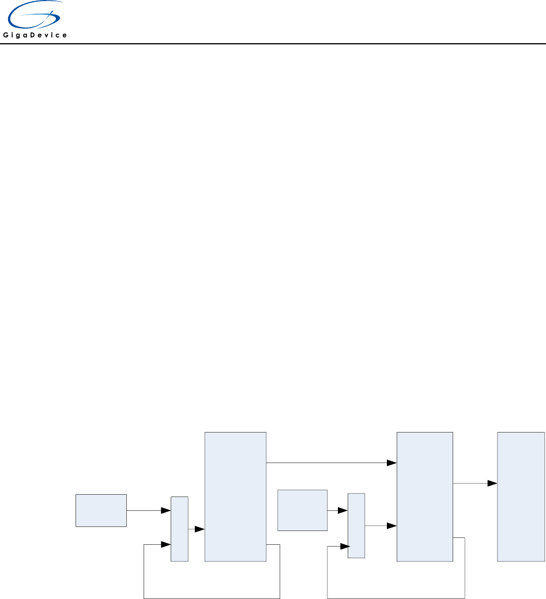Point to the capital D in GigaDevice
pyautogui.click(x=36, y=35)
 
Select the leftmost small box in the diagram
pyautogui.click(x=101, y=510)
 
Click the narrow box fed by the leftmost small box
pyautogui.click(x=179, y=529)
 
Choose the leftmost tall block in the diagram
pyautogui.click(x=235, y=496)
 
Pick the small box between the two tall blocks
pyautogui.click(x=302, y=510)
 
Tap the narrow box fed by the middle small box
pyautogui.click(x=356, y=525)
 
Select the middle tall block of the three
pyautogui.click(x=425, y=496)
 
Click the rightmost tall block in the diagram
pyautogui.click(x=521, y=496)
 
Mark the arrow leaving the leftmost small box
pyautogui.click(x=149, y=510)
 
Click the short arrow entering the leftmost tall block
pyautogui.click(x=197, y=529)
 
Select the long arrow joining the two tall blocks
pyautogui.click(x=332, y=462)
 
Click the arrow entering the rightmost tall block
pyautogui.click(x=475, y=483)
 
